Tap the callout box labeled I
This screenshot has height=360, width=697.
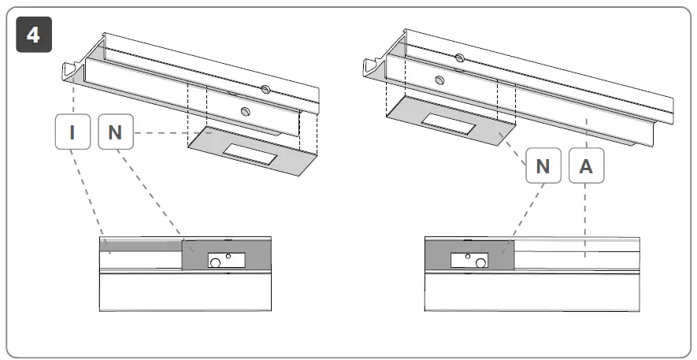[72, 132]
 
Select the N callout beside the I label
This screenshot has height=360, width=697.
[116, 132]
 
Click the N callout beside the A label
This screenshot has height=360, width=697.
[543, 166]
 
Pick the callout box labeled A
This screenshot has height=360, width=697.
[586, 166]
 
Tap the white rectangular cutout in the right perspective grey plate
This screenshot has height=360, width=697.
[447, 124]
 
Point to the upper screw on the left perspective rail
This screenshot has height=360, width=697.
[265, 92]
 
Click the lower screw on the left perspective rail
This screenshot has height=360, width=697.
[246, 113]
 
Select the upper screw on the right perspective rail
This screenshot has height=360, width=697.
[459, 58]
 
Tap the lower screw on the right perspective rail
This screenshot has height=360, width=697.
[439, 79]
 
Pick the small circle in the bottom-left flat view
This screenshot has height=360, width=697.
[228, 256]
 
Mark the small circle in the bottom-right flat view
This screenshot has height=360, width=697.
[468, 256]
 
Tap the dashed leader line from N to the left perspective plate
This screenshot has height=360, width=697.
[161, 132]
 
